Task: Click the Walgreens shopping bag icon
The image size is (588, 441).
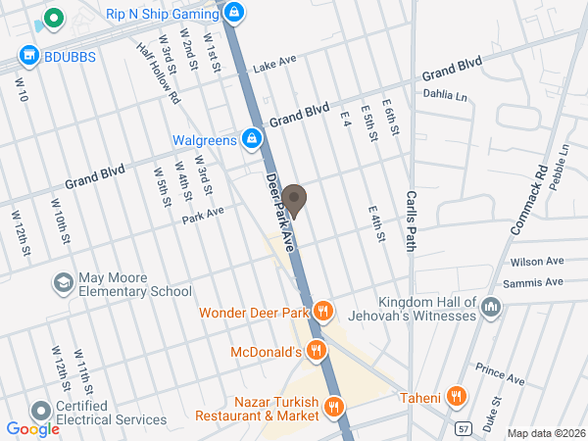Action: coord(252,140)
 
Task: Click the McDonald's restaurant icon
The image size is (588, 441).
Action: coord(316,351)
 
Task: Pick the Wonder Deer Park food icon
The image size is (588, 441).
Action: coord(324,314)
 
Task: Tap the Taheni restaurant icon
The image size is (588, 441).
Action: coord(455,397)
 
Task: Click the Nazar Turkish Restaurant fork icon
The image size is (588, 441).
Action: coord(334,407)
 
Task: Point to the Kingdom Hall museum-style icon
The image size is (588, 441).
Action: coord(492,310)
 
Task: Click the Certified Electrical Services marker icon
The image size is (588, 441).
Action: coord(41,412)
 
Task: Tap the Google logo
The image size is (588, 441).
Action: coord(32,428)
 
